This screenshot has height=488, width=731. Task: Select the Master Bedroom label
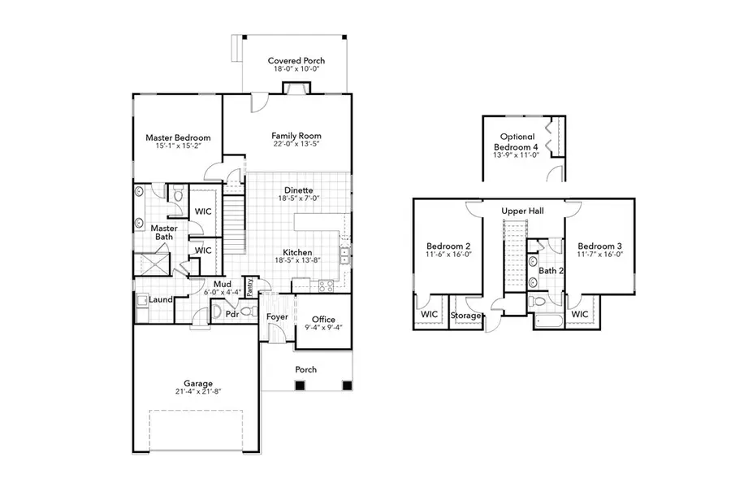tap(178, 138)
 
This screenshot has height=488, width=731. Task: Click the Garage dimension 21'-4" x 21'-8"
tap(198, 391)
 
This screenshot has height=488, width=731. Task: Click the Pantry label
tap(250, 286)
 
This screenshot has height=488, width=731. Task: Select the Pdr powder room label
tap(231, 313)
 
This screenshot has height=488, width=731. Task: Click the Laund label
tap(161, 299)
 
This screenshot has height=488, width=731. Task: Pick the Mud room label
tap(200, 285)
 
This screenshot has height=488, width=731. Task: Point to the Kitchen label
tap(298, 252)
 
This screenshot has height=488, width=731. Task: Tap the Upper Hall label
tap(522, 211)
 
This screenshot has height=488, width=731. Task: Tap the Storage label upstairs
tap(466, 316)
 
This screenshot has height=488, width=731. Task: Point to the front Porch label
tap(305, 369)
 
